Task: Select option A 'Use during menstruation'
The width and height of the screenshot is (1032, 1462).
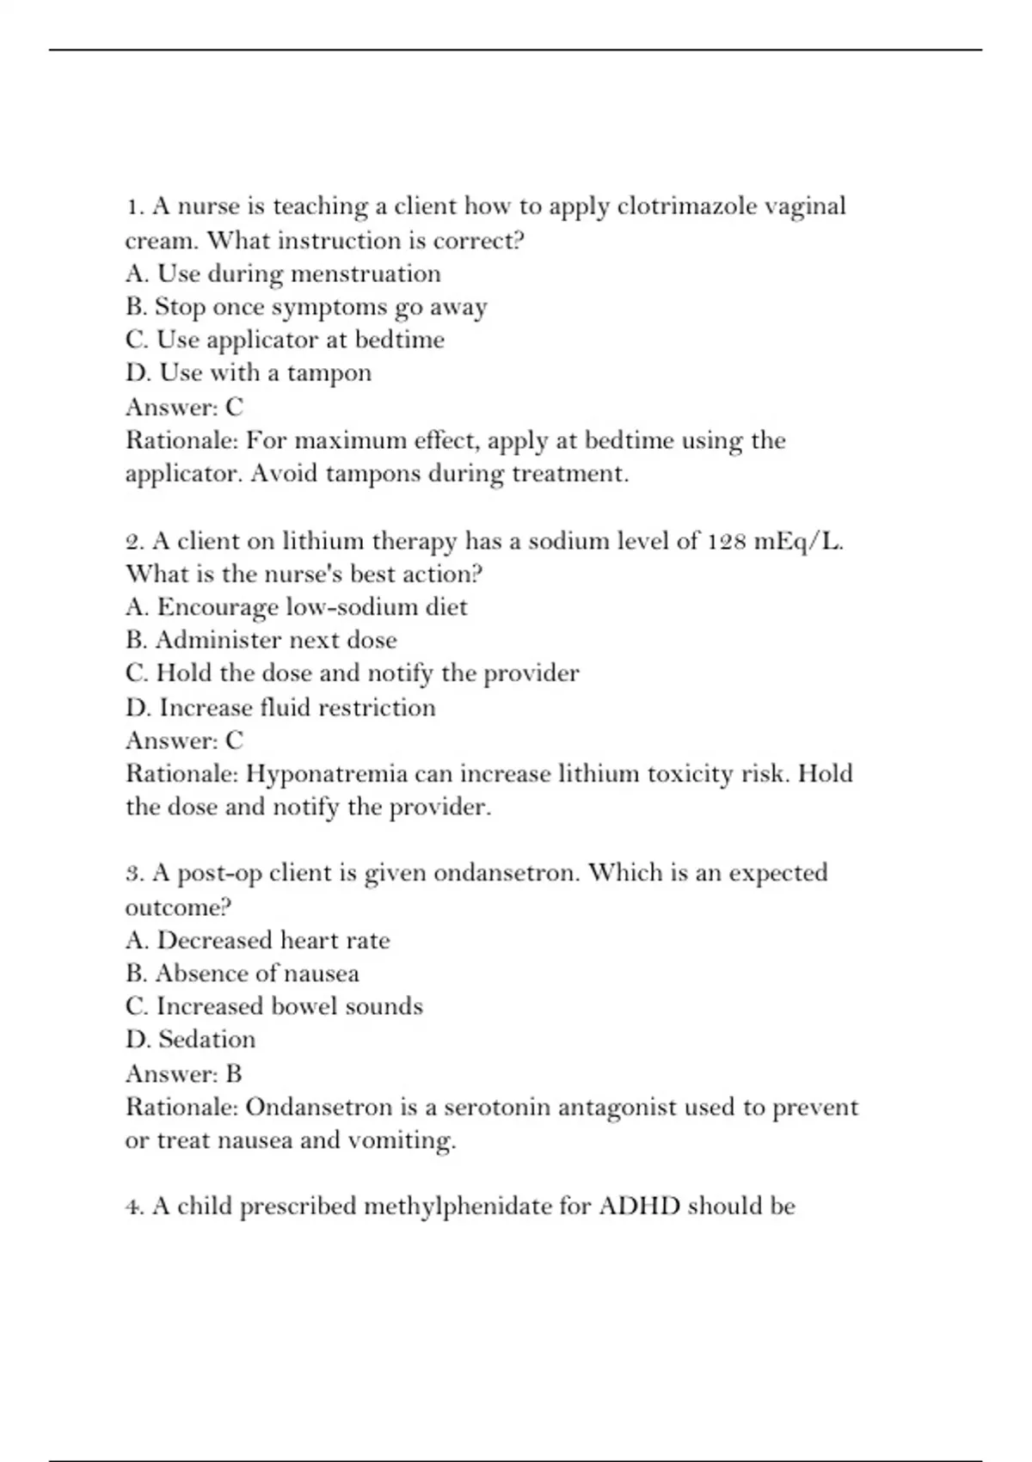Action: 283,273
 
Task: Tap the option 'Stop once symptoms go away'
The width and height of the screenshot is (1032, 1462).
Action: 306,307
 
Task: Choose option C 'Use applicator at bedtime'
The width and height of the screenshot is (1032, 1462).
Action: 285,340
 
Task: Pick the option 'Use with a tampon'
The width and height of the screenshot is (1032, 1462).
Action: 249,373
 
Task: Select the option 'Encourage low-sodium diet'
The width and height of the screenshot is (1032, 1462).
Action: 297,607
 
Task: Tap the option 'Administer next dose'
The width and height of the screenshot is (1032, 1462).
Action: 261,640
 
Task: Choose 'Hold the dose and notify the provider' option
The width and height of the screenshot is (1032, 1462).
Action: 352,673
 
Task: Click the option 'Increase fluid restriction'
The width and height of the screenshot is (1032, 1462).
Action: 280,708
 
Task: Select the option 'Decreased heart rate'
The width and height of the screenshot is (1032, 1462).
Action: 257,940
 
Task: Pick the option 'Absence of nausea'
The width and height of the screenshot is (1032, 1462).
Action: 243,974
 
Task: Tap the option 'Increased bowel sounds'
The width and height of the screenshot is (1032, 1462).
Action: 274,1006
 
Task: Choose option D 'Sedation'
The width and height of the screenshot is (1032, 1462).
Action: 191,1040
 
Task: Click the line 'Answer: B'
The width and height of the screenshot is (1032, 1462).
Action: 184,1074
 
